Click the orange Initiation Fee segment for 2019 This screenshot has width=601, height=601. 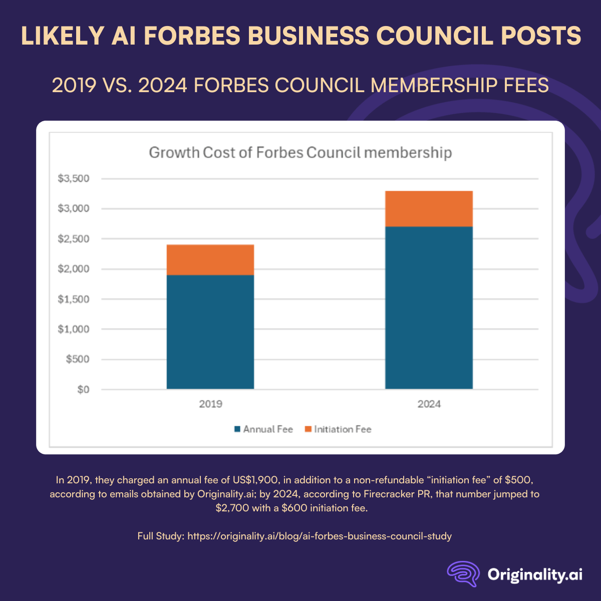[x=210, y=260]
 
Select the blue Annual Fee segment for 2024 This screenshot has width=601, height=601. [x=429, y=308]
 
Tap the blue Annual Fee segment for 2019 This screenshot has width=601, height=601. [x=210, y=332]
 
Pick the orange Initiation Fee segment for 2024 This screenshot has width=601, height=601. [x=429, y=209]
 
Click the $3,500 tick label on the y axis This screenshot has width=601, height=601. [x=74, y=179]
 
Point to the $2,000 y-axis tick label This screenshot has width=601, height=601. [x=74, y=269]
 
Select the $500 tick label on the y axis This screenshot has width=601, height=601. [x=78, y=359]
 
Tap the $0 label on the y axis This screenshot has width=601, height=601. [x=83, y=389]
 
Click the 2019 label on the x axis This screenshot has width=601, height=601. [x=210, y=404]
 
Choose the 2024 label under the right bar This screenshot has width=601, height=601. [x=429, y=404]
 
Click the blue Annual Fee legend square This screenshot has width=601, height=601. [x=237, y=429]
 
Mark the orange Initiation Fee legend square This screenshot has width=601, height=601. [x=308, y=429]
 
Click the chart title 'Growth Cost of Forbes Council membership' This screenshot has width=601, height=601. [x=300, y=152]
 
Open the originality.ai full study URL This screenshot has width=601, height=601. [x=320, y=536]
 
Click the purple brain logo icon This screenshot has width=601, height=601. [x=463, y=573]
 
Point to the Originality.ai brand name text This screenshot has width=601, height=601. [x=535, y=574]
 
